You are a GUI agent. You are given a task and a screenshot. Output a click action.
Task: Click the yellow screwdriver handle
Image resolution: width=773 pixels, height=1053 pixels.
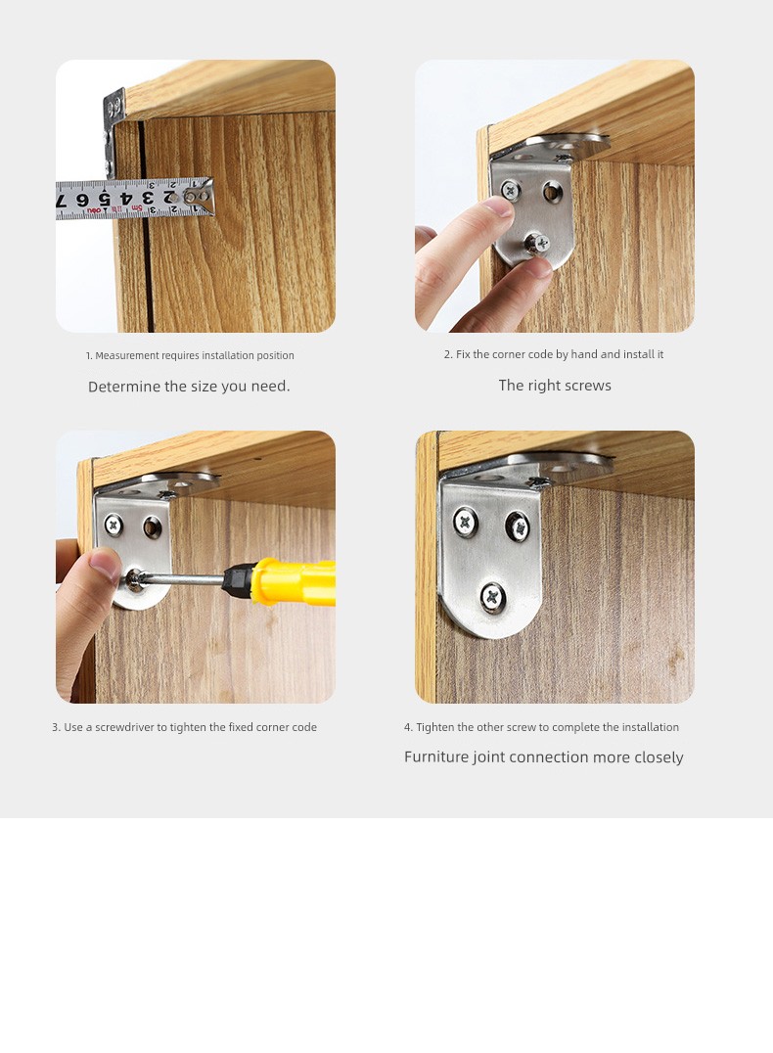coord(293,581)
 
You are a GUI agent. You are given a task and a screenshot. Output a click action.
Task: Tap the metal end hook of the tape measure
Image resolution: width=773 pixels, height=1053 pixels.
coord(200,196)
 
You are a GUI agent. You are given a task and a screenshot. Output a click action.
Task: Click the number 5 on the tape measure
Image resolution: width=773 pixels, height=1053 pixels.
coord(104,200)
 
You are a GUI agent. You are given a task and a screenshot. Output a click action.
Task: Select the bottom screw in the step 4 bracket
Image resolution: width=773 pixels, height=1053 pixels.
coord(493,596)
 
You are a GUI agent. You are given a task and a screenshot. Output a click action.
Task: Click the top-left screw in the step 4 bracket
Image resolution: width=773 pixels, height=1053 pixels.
coord(465,522)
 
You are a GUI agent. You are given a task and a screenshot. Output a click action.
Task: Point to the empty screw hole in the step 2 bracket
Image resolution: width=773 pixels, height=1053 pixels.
coord(553,192)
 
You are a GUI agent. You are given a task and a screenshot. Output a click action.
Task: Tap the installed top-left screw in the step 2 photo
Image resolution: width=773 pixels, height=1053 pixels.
coord(511,192)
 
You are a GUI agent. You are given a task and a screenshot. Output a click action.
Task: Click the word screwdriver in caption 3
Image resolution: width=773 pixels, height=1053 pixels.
coord(124,727)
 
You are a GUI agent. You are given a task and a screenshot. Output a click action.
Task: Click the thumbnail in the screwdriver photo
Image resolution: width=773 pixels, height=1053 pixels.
coord(106,563)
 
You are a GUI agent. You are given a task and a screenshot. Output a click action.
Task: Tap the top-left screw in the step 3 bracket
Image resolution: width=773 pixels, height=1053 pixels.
coord(114,525)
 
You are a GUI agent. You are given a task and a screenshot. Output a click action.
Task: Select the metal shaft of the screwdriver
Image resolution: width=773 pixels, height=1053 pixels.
coord(181,578)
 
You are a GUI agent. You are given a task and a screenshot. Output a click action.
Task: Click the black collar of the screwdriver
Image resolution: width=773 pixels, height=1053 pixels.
coord(238,579)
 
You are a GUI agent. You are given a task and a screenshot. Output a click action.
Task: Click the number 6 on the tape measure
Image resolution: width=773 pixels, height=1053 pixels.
coord(82,200)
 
